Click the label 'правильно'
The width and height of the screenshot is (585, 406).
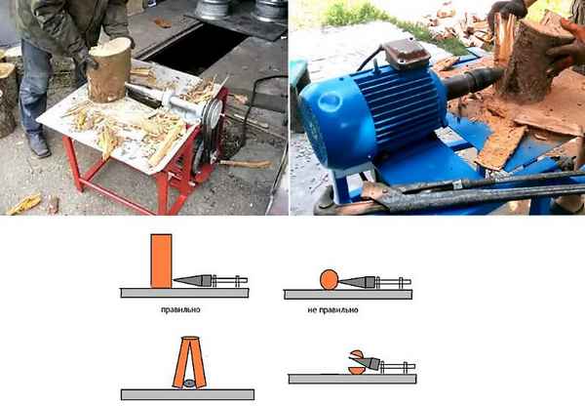[x=180, y=309]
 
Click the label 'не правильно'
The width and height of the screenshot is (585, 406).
[x=332, y=310]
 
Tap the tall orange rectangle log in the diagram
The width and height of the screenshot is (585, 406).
[x=161, y=262]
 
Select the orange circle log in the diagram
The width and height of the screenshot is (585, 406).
[x=330, y=280]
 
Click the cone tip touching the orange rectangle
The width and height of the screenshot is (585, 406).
[x=175, y=280]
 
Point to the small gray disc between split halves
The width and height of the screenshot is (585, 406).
[x=189, y=383]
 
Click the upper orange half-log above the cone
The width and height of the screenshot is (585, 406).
[x=357, y=353]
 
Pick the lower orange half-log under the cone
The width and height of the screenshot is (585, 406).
[x=356, y=371]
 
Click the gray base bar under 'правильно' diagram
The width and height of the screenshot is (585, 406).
[x=184, y=293]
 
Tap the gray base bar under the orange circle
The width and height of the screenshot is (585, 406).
[x=348, y=295]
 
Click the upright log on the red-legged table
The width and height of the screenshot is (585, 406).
[x=108, y=70]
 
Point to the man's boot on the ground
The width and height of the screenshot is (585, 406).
[x=38, y=144]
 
